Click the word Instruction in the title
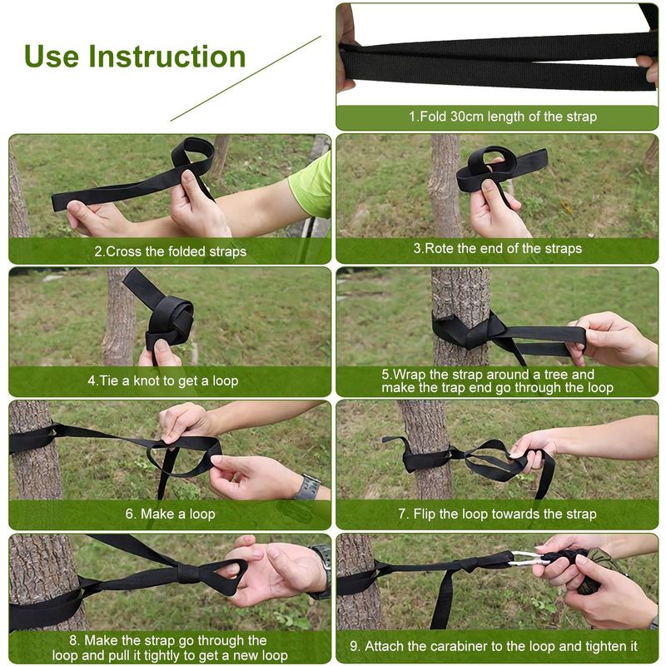click(x=166, y=57)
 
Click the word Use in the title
click(x=52, y=57)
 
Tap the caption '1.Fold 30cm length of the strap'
click(x=502, y=117)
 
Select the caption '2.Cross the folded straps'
click(x=170, y=251)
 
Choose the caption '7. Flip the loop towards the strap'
click(x=496, y=514)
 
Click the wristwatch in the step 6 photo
click(x=307, y=486)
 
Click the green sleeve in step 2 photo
click(x=311, y=184)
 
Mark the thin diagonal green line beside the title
click(x=246, y=78)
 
